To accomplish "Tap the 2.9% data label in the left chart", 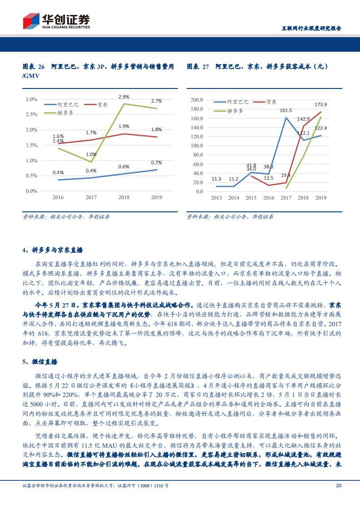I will tap(124, 97).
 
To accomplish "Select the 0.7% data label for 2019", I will tap(156, 163).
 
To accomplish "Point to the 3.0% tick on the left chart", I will tap(31, 99).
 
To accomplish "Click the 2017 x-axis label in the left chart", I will tap(91, 197).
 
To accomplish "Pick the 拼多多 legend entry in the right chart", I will tap(235, 111).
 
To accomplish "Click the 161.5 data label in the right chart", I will tap(286, 111).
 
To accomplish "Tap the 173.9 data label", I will tap(321, 105).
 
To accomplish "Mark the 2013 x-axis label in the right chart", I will tap(217, 198).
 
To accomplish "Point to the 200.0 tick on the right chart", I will tap(197, 100).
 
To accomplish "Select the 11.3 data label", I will tap(217, 180).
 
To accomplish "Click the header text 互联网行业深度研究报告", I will tap(309, 28).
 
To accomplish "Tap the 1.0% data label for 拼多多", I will tap(91, 155).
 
